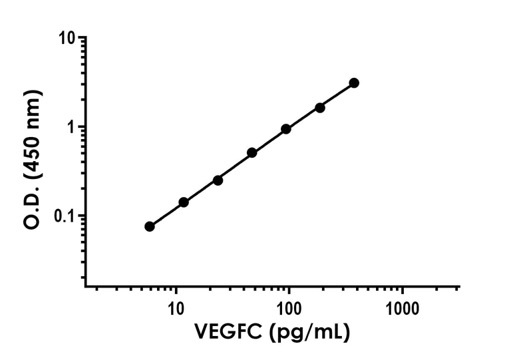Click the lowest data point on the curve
150,226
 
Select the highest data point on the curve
354,83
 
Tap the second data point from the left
184,202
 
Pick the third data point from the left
218,180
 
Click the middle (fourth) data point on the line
252,152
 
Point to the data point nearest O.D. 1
286,129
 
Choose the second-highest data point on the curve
320,107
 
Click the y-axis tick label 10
66,39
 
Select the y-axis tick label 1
71,127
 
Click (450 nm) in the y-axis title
35,136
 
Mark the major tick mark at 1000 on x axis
402,292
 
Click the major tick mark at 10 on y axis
82,38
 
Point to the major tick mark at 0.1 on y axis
82,216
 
